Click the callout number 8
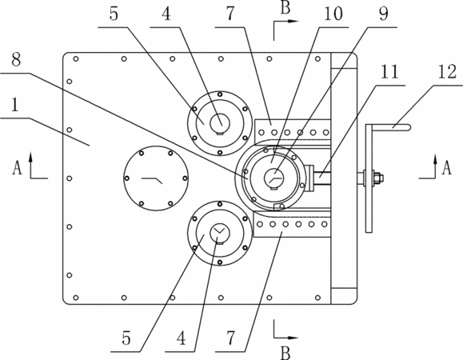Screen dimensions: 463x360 coord(16,60)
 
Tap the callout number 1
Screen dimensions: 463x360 coord(15,105)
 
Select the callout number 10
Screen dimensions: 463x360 coord(333,14)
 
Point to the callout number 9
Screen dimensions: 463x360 coord(383,14)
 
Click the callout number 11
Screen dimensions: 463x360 coord(389,72)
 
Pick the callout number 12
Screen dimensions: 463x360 coord(447,72)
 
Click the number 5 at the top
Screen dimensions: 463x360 coord(114,14)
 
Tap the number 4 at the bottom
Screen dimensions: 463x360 coord(182,338)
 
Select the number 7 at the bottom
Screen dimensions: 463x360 coord(231,338)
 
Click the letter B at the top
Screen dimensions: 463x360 coord(285,7)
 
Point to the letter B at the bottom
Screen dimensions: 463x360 coord(285,352)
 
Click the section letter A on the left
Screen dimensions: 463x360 coord(17,168)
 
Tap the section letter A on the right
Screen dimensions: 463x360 coord(446,168)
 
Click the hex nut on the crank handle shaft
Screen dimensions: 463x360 coord(377,178)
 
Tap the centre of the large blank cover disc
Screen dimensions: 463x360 coord(156,178)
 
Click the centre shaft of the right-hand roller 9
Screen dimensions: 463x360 coord(273,178)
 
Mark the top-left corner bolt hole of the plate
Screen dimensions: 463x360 coord(76,58)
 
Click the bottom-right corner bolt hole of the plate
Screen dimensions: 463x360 coord(317,298)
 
